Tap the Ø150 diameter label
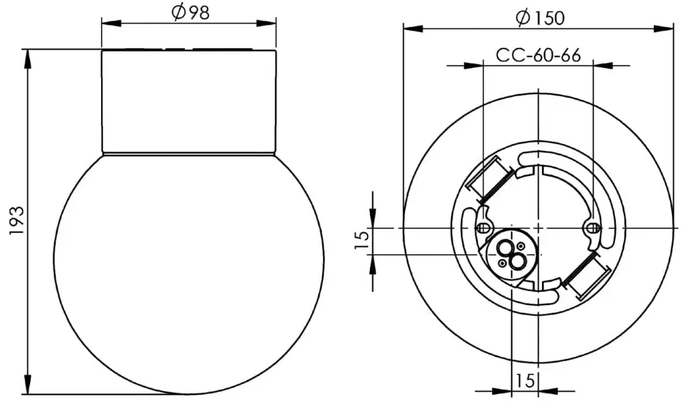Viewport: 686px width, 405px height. [540, 17]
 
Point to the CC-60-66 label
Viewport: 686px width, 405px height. [538, 56]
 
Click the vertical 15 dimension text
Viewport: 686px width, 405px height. [362, 240]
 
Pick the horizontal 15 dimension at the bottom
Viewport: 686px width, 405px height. [525, 380]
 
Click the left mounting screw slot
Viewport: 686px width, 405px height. [482, 228]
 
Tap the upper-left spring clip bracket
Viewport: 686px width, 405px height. [490, 179]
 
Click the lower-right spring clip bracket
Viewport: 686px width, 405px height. [586, 276]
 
